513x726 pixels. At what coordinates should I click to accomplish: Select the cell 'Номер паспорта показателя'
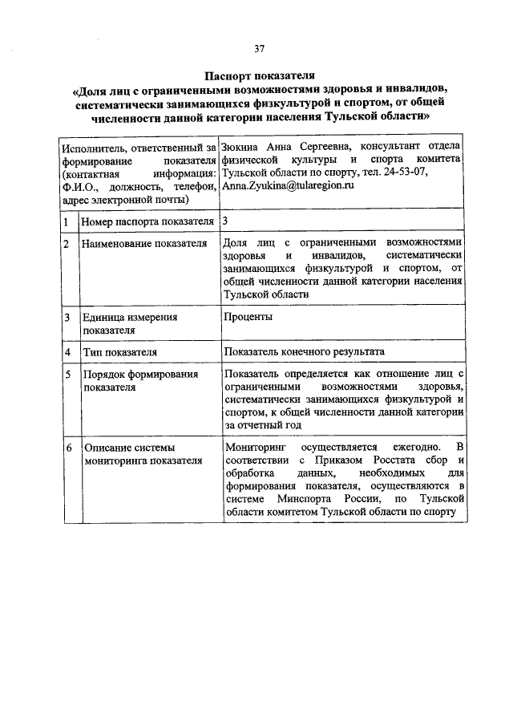coord(147,221)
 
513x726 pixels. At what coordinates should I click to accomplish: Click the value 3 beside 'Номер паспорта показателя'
coord(224,220)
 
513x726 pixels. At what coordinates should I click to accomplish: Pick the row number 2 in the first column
coord(67,243)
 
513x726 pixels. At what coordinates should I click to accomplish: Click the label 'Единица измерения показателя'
coord(129,322)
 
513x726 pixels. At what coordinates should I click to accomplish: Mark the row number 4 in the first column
coord(67,352)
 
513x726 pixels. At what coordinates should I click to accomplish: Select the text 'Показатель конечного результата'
coord(305,352)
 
